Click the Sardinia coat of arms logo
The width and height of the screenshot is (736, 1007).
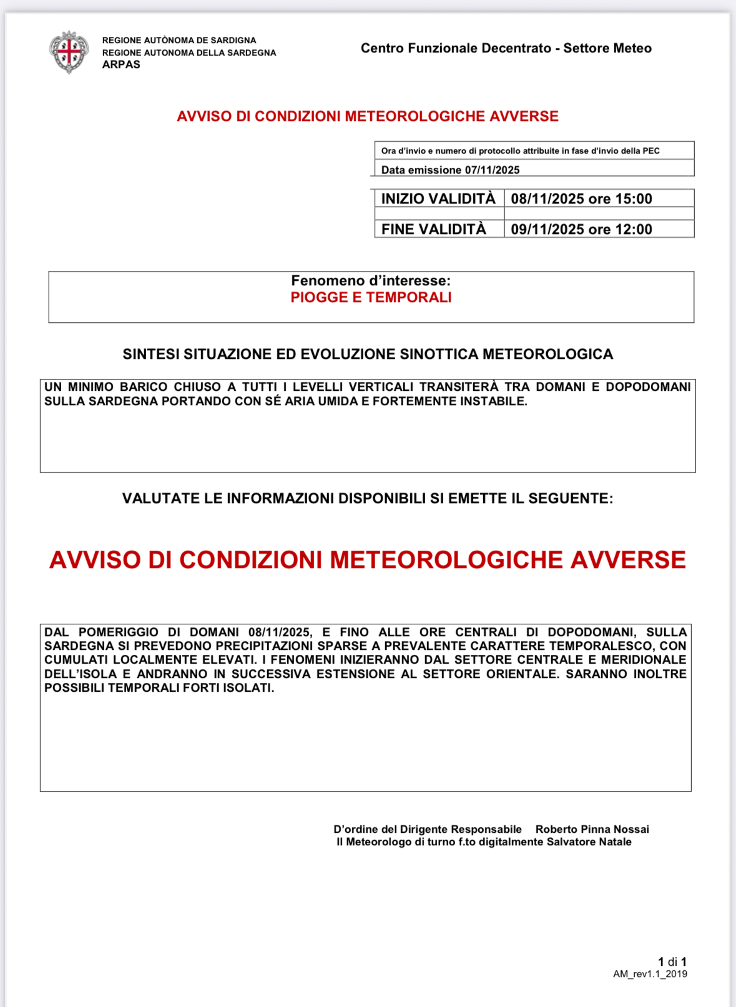pyautogui.click(x=69, y=52)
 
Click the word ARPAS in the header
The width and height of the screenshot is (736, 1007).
pyautogui.click(x=121, y=64)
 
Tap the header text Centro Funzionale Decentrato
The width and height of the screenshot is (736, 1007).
pyautogui.click(x=456, y=48)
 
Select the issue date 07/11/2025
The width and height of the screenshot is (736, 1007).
pyautogui.click(x=492, y=170)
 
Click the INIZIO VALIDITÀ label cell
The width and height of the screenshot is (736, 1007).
pyautogui.click(x=438, y=199)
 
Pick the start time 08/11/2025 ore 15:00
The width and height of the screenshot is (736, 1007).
pyautogui.click(x=581, y=199)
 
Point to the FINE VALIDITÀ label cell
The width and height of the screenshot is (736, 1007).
pyautogui.click(x=434, y=229)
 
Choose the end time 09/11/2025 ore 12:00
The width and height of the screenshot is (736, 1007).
pyautogui.click(x=581, y=229)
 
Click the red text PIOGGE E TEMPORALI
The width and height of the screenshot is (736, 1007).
pyautogui.click(x=371, y=297)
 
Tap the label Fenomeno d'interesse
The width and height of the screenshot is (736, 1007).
pyautogui.click(x=371, y=281)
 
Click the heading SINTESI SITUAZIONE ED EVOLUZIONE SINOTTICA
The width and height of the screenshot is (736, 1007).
pyautogui.click(x=368, y=354)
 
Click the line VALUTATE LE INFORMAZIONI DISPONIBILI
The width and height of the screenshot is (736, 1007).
pyautogui.click(x=368, y=498)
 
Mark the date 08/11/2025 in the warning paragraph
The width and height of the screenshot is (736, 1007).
pyautogui.click(x=280, y=632)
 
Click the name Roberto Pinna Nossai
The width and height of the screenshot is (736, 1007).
pyautogui.click(x=592, y=829)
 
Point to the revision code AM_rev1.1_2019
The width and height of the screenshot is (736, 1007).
pyautogui.click(x=650, y=974)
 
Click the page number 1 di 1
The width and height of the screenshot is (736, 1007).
pyautogui.click(x=672, y=961)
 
